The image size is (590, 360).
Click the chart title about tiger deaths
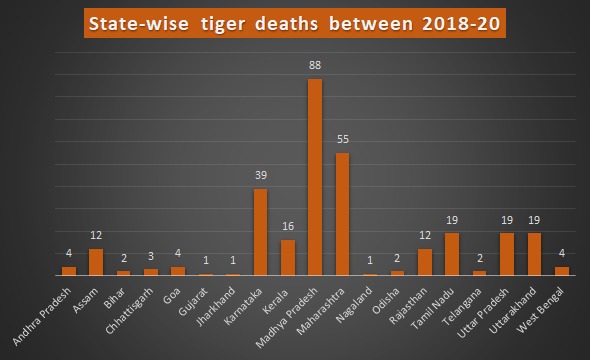[x=295, y=22]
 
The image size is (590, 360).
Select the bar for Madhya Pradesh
[x=314, y=177]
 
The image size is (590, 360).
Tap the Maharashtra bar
[x=342, y=214]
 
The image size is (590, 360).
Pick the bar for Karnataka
[x=260, y=232]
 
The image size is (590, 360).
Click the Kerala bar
[x=287, y=257]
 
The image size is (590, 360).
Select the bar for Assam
[x=96, y=262]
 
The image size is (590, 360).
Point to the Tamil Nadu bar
[x=451, y=254]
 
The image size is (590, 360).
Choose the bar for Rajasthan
[x=424, y=262]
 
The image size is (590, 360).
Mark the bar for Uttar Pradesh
[x=506, y=254]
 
